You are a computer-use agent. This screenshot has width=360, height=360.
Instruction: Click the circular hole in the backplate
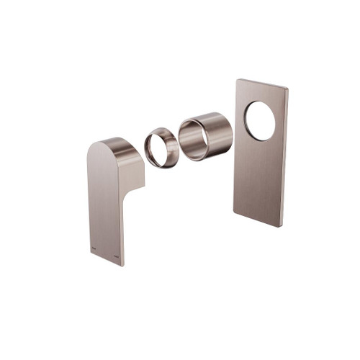(x=260, y=121)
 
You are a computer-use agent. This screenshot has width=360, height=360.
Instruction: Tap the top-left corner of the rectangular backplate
(x=237, y=80)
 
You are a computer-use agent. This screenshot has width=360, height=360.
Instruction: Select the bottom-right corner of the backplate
(x=282, y=226)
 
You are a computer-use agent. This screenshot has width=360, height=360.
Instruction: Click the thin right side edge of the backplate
(x=286, y=158)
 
